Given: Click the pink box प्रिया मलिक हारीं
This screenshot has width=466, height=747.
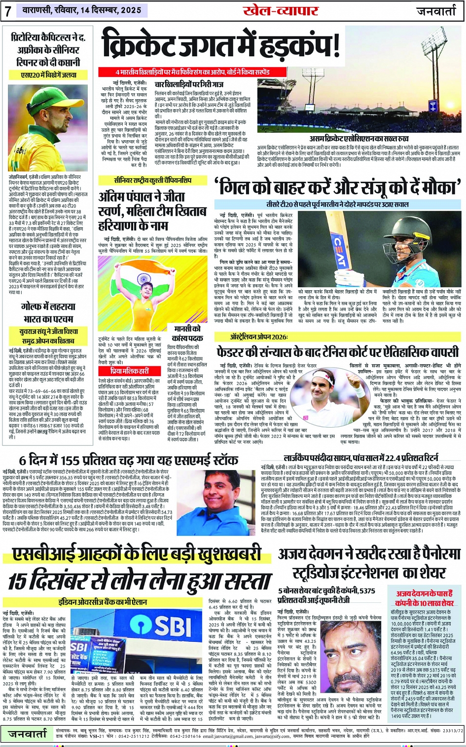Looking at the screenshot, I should pos(129,370).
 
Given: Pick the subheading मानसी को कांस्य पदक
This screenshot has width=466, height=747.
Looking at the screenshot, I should pos(188,333).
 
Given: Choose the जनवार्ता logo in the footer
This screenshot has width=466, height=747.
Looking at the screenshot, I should pos(27,734).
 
